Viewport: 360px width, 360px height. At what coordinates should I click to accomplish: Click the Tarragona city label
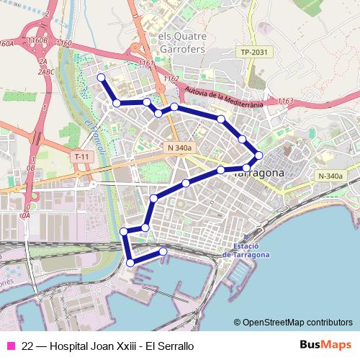(x=261, y=174)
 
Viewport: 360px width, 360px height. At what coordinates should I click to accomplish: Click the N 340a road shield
(x=179, y=148)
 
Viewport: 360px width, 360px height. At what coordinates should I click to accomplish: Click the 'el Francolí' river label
(x=94, y=137)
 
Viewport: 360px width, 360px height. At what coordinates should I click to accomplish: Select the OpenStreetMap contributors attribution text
(x=293, y=323)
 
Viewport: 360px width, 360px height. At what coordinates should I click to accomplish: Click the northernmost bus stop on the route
(x=101, y=77)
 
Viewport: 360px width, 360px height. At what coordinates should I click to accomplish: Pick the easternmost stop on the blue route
(x=259, y=155)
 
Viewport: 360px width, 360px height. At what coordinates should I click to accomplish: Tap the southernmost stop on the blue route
(x=130, y=264)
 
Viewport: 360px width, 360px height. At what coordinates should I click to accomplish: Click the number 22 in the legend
(x=27, y=346)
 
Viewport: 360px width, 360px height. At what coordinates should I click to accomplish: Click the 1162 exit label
(x=171, y=78)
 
